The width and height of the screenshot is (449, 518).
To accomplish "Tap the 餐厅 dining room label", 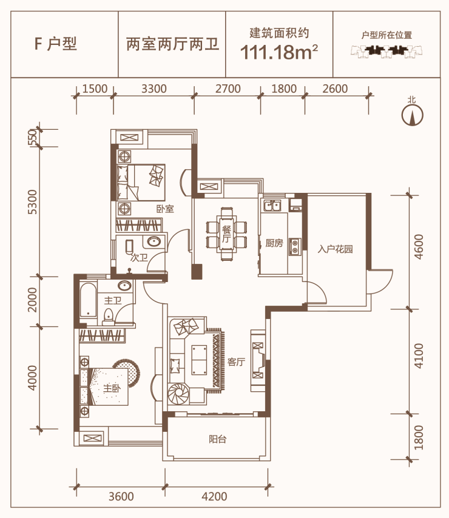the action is [226, 234].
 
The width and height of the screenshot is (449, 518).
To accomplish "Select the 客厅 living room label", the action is [236, 362].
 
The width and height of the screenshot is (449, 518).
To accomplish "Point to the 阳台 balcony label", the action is [218, 439].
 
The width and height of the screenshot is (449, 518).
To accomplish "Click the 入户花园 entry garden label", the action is [335, 249].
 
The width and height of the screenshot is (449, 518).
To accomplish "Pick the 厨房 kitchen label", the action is [274, 243].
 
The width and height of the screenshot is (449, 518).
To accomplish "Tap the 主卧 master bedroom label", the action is [112, 388].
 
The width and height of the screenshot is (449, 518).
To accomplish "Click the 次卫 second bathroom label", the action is [139, 258].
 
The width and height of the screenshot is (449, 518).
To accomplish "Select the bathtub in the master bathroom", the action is [88, 300].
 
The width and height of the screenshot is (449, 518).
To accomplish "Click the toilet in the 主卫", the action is [108, 316].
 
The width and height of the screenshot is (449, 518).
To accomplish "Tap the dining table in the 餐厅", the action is [227, 234].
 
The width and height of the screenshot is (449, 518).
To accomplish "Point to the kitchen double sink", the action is [272, 206].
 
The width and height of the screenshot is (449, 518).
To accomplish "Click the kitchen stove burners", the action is [294, 246].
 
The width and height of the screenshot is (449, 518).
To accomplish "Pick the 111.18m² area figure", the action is [279, 52].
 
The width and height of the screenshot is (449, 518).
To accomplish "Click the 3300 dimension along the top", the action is [154, 89].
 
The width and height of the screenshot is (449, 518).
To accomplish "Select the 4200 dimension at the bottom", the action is [214, 496].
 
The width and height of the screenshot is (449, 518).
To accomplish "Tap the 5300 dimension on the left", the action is [32, 202].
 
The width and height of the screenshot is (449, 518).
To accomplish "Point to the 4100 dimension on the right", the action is [418, 356].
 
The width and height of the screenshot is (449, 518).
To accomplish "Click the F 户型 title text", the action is [55, 44].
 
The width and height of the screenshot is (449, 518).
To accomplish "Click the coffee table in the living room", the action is [199, 360].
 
